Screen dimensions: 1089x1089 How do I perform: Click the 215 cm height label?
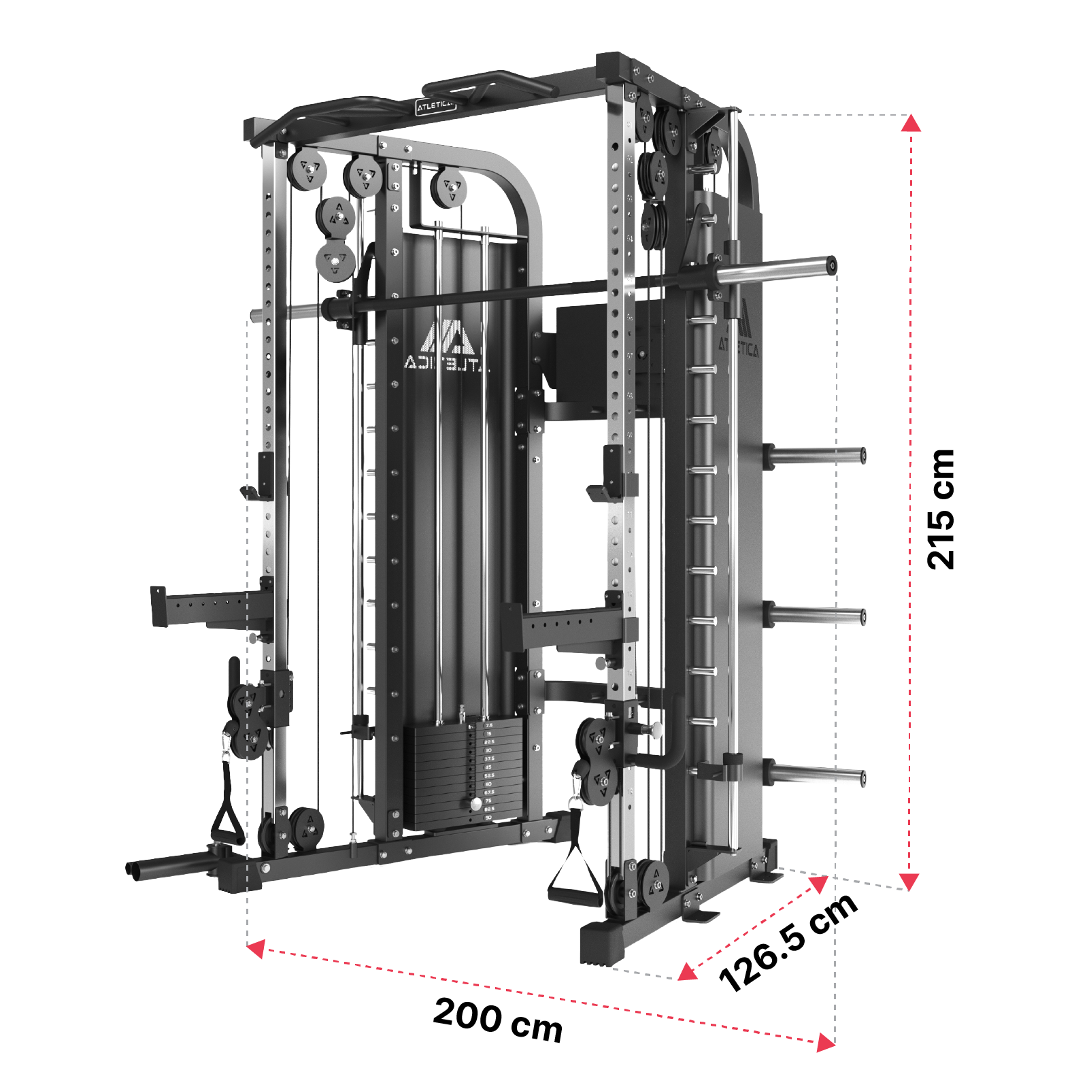pyautogui.click(x=941, y=509)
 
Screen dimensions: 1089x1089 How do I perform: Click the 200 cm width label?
pyautogui.click(x=498, y=1019)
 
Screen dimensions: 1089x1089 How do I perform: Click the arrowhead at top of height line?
pyautogui.click(x=911, y=124)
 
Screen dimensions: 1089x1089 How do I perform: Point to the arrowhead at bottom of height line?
pyautogui.click(x=909, y=882)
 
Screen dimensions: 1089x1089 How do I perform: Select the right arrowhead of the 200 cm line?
pyautogui.click(x=825, y=1042)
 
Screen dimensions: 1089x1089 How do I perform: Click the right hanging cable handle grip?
pyautogui.click(x=575, y=897)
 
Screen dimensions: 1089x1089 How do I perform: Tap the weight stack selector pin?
pyautogui.click(x=476, y=804)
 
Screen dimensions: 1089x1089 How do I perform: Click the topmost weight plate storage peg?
pyautogui.click(x=816, y=454)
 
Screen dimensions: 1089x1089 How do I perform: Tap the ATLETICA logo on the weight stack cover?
pyautogui.click(x=446, y=347)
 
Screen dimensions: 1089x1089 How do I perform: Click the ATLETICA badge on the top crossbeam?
pyautogui.click(x=435, y=105)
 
